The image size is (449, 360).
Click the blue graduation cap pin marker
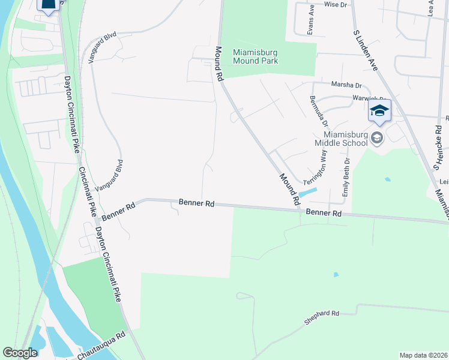pos(379,112)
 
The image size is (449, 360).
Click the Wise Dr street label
pos(336,4)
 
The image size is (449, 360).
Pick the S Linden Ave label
pos(366,50)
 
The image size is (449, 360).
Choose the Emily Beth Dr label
pos(346,178)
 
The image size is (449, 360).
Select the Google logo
pos(20,353)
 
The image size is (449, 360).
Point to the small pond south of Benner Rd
pos(336,275)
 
